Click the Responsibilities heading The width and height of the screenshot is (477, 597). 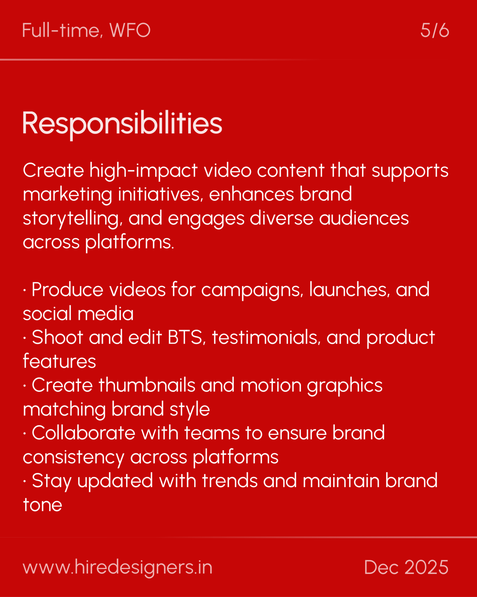122,123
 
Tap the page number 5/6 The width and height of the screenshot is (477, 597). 435,30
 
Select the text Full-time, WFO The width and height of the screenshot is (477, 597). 86,30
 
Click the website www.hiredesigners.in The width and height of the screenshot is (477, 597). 117,567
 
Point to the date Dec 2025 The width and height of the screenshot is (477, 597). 406,567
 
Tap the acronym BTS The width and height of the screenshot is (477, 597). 185,337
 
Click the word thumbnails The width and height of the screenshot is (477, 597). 147,385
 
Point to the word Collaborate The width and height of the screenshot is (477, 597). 83,433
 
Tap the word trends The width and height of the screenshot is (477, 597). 230,481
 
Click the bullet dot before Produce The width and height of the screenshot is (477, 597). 25,290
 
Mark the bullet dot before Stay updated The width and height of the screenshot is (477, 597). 25,481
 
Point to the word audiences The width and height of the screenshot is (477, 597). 364,219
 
